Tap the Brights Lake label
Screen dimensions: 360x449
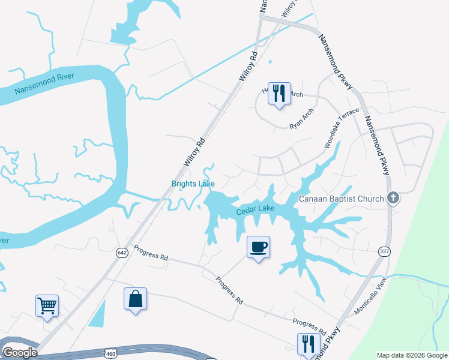coord(193,184)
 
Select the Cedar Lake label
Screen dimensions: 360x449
coord(255,209)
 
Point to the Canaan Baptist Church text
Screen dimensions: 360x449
coord(342,199)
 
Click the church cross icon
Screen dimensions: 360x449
coord(393,197)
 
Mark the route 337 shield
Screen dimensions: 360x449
coord(385,252)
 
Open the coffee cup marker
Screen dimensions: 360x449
coord(258,247)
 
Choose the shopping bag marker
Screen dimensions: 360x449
coord(135,298)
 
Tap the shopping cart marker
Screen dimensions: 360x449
coord(47,305)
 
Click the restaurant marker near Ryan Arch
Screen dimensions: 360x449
coord(279,94)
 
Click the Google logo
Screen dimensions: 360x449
coord(20,353)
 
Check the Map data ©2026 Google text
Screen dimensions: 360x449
coord(412,355)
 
